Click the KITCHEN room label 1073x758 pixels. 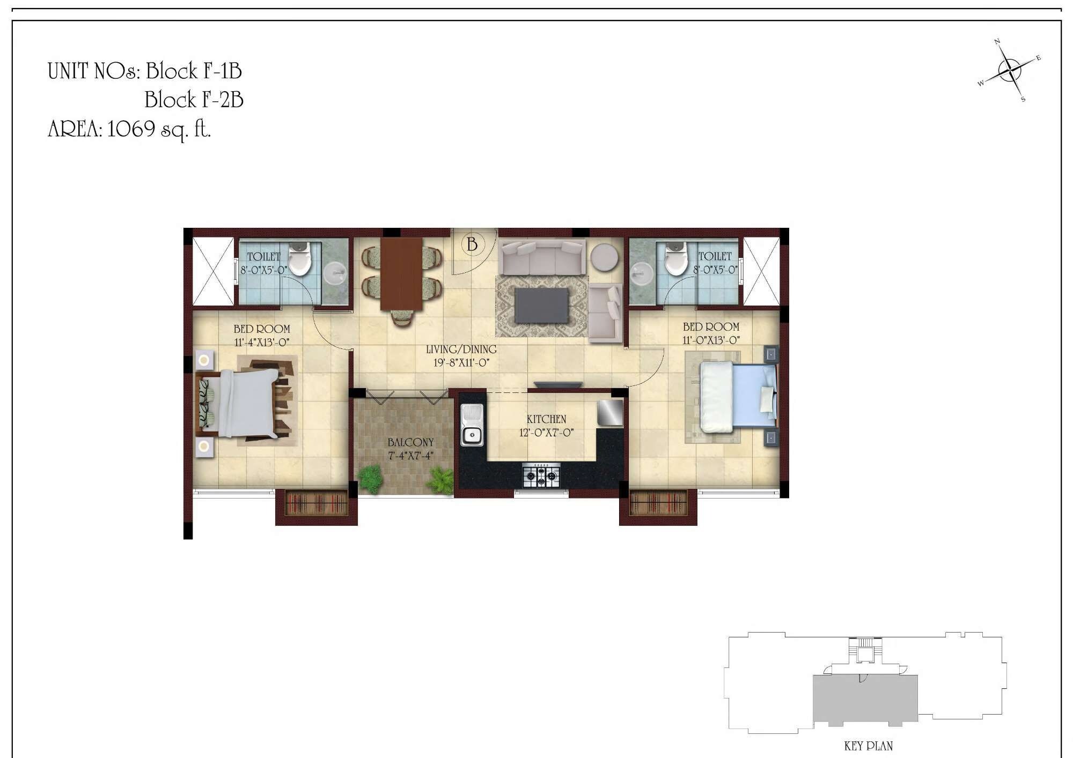(x=546, y=419)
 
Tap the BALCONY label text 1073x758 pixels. (x=410, y=442)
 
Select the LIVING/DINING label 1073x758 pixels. (x=461, y=350)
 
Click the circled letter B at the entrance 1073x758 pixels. (x=472, y=244)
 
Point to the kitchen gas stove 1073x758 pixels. (x=541, y=475)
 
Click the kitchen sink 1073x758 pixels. (x=472, y=426)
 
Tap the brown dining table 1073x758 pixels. (x=401, y=273)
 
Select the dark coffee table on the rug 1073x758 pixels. (x=541, y=306)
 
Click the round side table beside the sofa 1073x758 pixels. (x=604, y=258)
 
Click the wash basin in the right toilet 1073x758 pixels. (x=642, y=274)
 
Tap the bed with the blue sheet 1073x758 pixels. (x=738, y=396)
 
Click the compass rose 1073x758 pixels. (x=1010, y=70)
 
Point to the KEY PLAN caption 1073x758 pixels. (x=868, y=746)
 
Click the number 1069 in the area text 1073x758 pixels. (x=131, y=129)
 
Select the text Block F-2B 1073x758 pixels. (x=194, y=100)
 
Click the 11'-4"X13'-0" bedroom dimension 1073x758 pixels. (x=262, y=343)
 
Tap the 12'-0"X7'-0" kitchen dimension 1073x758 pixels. (x=546, y=433)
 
